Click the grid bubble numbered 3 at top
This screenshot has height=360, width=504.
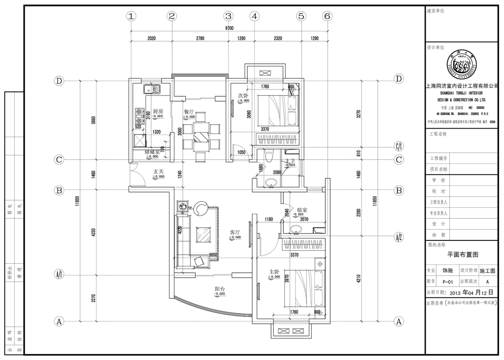point(228,16)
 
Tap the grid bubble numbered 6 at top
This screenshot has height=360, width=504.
point(327,16)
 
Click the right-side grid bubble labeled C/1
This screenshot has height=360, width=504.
point(399,145)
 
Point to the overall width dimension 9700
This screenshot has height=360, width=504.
point(229,28)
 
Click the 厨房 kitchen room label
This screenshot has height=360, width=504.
point(158,112)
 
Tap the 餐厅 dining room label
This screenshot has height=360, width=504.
point(189,112)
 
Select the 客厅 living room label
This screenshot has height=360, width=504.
point(235,232)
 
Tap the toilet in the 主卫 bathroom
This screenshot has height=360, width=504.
point(269,155)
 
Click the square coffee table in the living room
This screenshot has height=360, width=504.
point(203,234)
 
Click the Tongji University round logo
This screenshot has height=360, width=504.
point(462,66)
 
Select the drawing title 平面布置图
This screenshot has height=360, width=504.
point(462,254)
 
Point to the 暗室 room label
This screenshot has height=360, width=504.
point(302,210)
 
